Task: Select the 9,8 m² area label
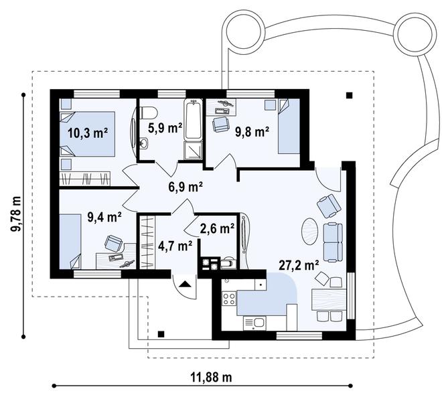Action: [252, 132]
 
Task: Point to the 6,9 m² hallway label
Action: [186, 186]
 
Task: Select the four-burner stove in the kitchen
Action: [228, 299]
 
